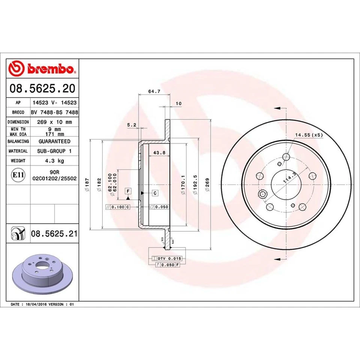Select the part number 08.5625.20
click(x=43, y=88)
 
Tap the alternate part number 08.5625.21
click(x=54, y=234)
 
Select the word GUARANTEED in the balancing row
click(x=54, y=141)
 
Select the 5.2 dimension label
click(x=131, y=125)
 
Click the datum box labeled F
click(x=128, y=191)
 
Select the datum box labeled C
click(x=154, y=193)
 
